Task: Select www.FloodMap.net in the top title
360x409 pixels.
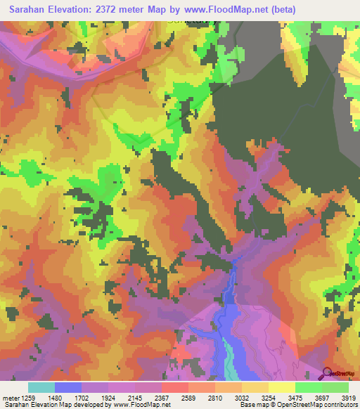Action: pyautogui.click(x=218, y=10)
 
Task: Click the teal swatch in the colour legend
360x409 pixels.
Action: pyautogui.click(x=41, y=387)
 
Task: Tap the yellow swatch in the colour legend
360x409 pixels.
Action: pyautogui.click(x=281, y=387)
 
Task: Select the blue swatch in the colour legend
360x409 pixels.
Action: pyautogui.click(x=67, y=387)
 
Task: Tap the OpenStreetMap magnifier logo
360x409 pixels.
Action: pyautogui.click(x=328, y=372)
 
